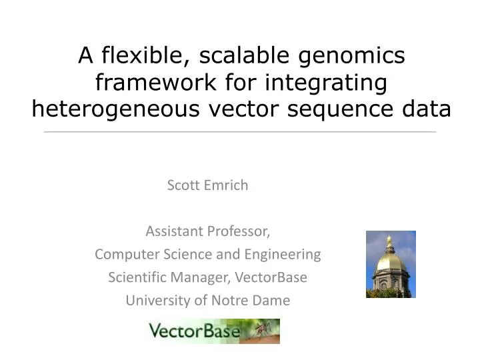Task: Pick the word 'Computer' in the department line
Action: [x=123, y=255]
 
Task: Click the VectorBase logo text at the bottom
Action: [x=193, y=331]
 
